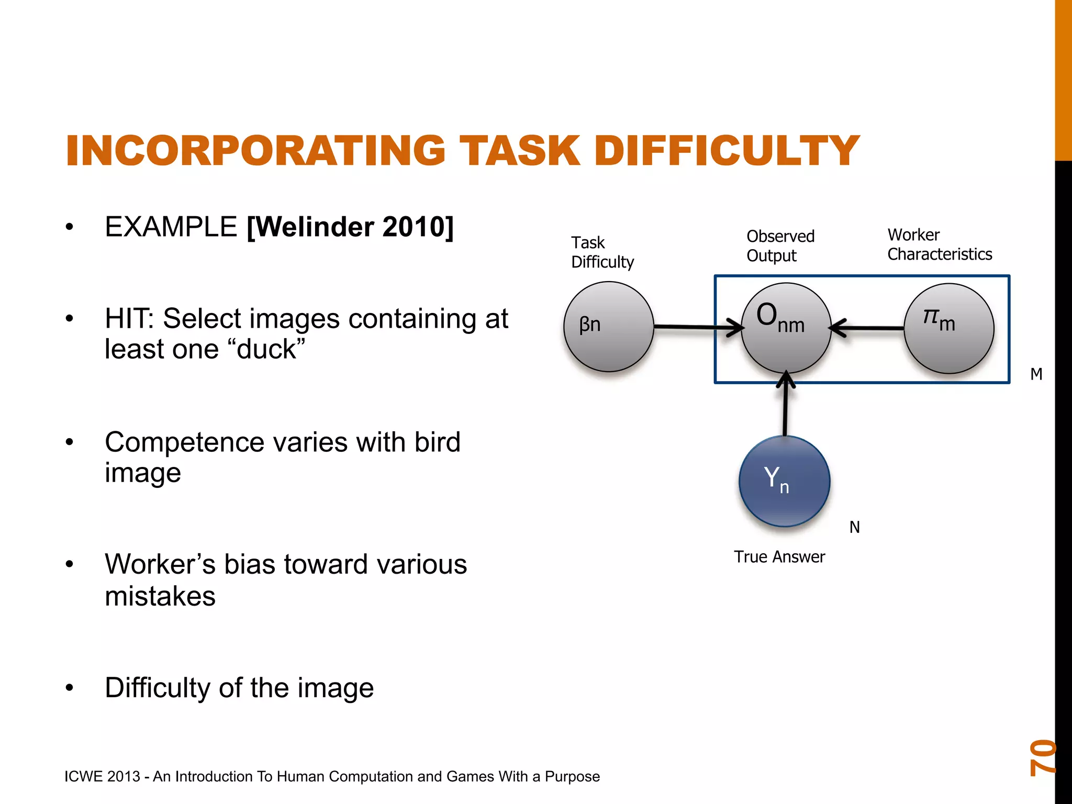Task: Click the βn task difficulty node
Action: coord(609,327)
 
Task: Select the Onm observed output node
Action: coord(786,328)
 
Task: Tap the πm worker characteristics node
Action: coord(948,328)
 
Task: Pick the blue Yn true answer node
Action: coord(784,481)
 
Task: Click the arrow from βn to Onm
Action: coord(696,327)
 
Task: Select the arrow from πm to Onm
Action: coord(869,328)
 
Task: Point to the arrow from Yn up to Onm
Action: coord(785,406)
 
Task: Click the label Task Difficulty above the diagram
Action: coord(602,252)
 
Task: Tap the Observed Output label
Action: coord(780,245)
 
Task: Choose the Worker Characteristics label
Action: coord(940,244)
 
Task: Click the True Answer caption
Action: coord(779,556)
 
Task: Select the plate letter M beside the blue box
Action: coord(1036,374)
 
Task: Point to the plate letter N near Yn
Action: coord(854,527)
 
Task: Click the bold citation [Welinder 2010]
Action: coord(350,227)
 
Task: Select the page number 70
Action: coord(1042,757)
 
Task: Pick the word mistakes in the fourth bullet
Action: coord(160,596)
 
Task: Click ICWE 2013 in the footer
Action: coord(102,776)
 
